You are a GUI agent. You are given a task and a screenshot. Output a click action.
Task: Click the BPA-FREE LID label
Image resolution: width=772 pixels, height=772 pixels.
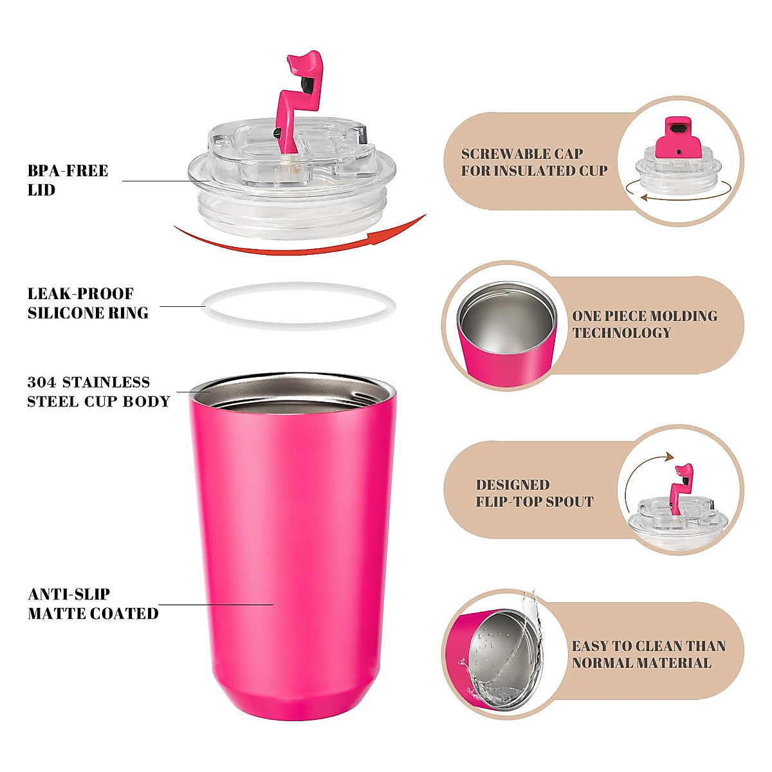click(68, 180)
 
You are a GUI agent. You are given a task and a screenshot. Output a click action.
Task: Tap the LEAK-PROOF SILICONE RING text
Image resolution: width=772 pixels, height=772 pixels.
click(87, 304)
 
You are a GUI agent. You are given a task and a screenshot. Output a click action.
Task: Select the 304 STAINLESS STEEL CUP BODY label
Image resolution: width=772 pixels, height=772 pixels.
click(98, 392)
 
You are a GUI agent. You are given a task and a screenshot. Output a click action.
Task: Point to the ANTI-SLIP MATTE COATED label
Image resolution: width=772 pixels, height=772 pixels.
click(93, 603)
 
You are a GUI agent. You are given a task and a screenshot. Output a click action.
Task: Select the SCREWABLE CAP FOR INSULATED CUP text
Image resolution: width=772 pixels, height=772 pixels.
click(534, 162)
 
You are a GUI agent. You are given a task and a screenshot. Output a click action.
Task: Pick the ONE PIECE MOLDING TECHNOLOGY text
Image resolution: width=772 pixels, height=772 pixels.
click(645, 324)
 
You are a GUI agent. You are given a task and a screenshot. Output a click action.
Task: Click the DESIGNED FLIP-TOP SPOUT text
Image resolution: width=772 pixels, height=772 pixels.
click(534, 493)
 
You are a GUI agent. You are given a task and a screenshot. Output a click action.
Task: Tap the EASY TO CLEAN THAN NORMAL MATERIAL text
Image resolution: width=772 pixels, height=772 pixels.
click(648, 654)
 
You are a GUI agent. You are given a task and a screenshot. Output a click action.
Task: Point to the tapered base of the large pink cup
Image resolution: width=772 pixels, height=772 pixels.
click(293, 701)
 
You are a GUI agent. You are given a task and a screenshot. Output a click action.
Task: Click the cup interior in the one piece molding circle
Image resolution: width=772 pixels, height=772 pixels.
click(507, 322)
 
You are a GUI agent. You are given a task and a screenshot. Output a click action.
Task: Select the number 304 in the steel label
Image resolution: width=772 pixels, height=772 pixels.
click(42, 382)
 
